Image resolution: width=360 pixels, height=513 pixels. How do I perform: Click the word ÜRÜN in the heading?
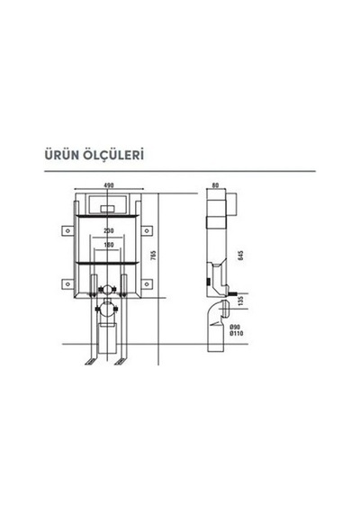[x=61, y=155]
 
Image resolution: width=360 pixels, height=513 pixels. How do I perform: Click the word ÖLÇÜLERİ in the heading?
[x=113, y=155]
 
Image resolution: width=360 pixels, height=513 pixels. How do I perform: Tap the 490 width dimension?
[x=109, y=185]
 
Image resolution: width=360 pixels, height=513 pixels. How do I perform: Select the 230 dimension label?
[x=109, y=230]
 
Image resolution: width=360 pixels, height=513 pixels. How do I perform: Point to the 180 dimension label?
[x=109, y=245]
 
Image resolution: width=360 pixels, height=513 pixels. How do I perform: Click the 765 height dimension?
[x=154, y=256]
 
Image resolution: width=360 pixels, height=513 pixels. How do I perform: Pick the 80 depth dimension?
[x=215, y=185]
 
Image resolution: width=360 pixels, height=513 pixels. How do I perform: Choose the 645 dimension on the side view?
[x=241, y=256]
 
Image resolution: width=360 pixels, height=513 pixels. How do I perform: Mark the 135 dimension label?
[x=241, y=301]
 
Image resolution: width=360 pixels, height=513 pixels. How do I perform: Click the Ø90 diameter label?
[x=235, y=328]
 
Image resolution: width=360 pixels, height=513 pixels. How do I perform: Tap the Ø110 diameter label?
[x=237, y=333]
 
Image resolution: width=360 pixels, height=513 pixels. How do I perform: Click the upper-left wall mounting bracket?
[x=67, y=230]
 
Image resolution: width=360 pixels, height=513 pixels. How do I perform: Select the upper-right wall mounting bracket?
[x=147, y=230]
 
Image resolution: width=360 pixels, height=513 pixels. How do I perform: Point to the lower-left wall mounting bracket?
[x=67, y=283]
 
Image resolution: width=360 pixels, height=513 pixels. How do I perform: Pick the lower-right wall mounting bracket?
[x=147, y=283]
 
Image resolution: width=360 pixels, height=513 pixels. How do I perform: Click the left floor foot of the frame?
[x=91, y=362]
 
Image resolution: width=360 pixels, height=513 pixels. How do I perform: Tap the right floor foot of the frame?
[x=121, y=362]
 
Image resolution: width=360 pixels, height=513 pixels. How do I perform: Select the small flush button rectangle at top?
[x=107, y=209]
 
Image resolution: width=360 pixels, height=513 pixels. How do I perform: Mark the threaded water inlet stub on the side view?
[x=233, y=293]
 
